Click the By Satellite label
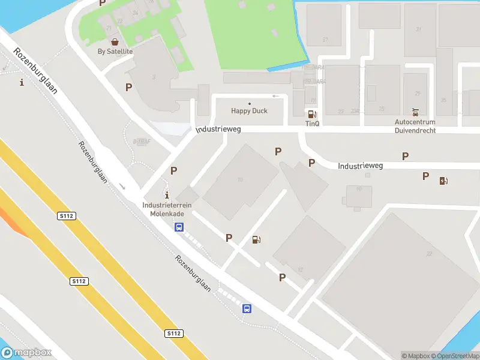(115, 52)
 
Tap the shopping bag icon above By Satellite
(115, 42)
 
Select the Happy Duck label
(250, 111)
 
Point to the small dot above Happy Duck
(250, 103)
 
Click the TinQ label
(312, 124)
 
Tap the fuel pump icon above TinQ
(311, 114)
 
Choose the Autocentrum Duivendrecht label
(415, 126)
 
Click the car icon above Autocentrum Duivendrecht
(415, 112)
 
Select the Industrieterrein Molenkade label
(167, 209)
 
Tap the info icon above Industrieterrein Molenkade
(167, 195)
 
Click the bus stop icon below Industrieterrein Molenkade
(179, 227)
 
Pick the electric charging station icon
(444, 181)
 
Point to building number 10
(240, 179)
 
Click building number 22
(429, 254)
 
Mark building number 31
(418, 29)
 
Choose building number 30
(359, 188)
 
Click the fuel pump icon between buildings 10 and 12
(257, 240)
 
